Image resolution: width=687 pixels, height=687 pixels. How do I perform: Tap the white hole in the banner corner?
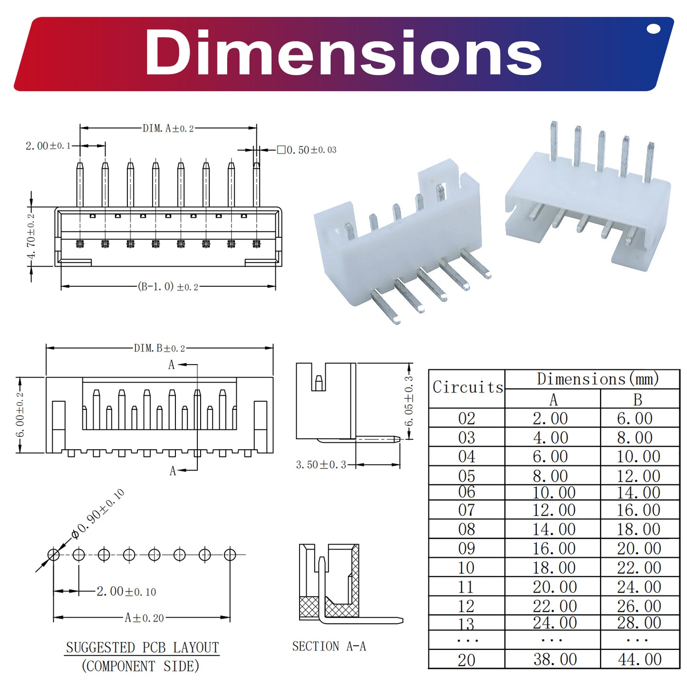pos(653,29)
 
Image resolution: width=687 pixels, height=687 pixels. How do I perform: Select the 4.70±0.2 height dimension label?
pos(31,236)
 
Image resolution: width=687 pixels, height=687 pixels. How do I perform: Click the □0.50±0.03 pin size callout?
pos(307,150)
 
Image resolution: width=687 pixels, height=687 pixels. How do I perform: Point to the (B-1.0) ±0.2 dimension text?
pos(168,286)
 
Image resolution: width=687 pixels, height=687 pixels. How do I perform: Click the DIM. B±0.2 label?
pos(159,348)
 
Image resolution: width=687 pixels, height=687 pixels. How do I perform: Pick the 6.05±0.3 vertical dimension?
pos(409,401)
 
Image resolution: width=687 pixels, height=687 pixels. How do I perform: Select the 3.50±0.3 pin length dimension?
pos(321,464)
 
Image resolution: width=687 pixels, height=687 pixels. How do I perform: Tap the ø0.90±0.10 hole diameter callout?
pos(97,514)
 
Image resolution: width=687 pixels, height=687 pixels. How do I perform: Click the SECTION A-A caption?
pos(329,646)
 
